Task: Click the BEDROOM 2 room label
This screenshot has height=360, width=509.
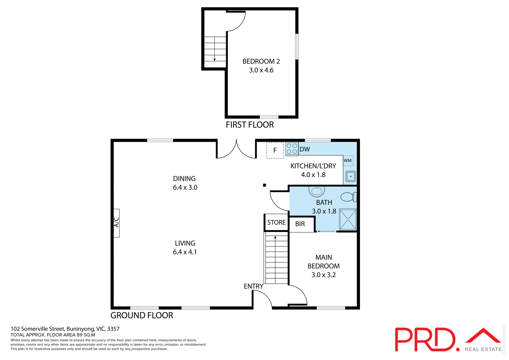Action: click(x=261, y=62)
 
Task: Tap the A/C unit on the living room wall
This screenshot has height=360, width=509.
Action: click(x=116, y=223)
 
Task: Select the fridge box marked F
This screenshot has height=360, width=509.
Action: click(x=275, y=150)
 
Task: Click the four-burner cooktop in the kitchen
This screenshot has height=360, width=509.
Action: click(x=292, y=149)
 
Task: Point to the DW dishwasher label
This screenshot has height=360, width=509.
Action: click(x=305, y=149)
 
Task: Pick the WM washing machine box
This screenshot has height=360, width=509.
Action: click(x=348, y=161)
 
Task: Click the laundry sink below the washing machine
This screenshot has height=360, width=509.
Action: click(x=350, y=176)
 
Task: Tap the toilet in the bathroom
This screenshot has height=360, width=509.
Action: click(x=348, y=197)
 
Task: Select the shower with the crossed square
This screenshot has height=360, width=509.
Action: click(x=348, y=219)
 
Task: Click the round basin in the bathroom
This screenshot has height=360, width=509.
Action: click(x=317, y=191)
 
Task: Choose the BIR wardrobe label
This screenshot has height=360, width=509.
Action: click(x=300, y=224)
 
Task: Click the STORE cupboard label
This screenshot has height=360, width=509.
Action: click(x=276, y=222)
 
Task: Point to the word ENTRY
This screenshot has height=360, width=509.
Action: click(x=253, y=286)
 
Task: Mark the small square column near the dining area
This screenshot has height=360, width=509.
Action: click(x=264, y=185)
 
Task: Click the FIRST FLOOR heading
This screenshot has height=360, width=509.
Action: click(x=249, y=125)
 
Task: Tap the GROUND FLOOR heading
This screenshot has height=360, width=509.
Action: click(x=142, y=315)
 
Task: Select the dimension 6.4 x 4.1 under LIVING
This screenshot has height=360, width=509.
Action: click(x=185, y=252)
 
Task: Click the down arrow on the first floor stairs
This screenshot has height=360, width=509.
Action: click(x=214, y=59)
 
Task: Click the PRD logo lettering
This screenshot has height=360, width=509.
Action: click(x=425, y=340)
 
